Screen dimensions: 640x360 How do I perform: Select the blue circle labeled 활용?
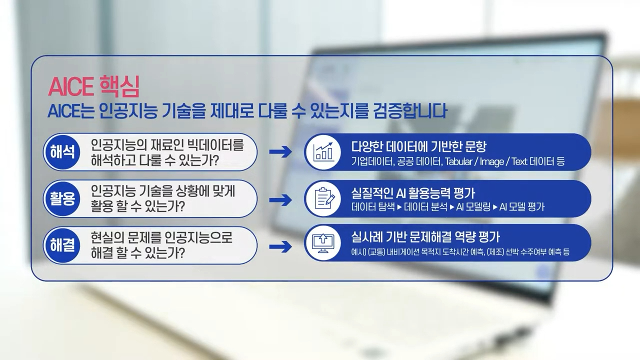(x=62, y=198)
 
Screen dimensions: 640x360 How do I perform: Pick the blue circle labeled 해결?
(x=62, y=245)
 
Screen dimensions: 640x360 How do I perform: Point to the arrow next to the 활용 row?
(x=280, y=199)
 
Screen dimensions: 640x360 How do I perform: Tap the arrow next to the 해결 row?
(x=280, y=246)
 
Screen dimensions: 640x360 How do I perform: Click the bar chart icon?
(x=323, y=152)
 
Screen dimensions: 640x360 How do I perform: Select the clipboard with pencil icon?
(x=323, y=198)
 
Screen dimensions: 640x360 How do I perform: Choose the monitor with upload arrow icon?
(x=323, y=244)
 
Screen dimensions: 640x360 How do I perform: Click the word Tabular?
(x=459, y=162)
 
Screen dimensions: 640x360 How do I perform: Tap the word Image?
(x=492, y=162)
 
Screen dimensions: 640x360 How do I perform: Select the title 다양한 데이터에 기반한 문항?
(x=418, y=146)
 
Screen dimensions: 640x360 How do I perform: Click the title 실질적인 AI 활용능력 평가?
(x=413, y=193)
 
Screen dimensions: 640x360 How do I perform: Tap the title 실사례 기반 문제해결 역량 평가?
(x=425, y=236)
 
